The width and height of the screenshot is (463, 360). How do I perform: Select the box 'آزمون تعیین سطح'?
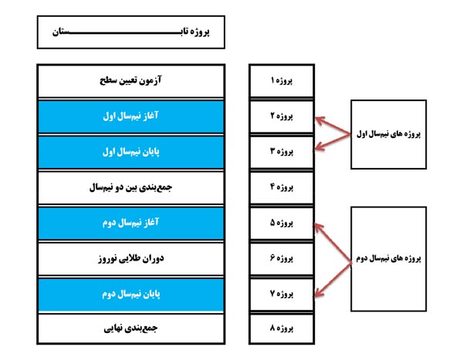pyautogui.click(x=131, y=81)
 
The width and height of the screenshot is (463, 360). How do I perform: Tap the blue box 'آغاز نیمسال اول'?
pyautogui.click(x=131, y=116)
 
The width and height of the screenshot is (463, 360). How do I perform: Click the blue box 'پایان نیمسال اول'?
pyautogui.click(x=131, y=152)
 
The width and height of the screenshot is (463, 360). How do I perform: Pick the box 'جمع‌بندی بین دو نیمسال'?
pyautogui.click(x=131, y=187)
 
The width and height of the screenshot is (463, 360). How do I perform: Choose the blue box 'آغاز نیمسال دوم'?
pyautogui.click(x=131, y=223)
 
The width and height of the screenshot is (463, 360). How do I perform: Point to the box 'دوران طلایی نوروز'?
pyautogui.click(x=131, y=258)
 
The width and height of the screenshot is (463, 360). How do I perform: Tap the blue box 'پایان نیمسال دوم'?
pyautogui.click(x=131, y=294)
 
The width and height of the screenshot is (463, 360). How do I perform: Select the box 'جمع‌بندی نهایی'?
pyautogui.click(x=131, y=328)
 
